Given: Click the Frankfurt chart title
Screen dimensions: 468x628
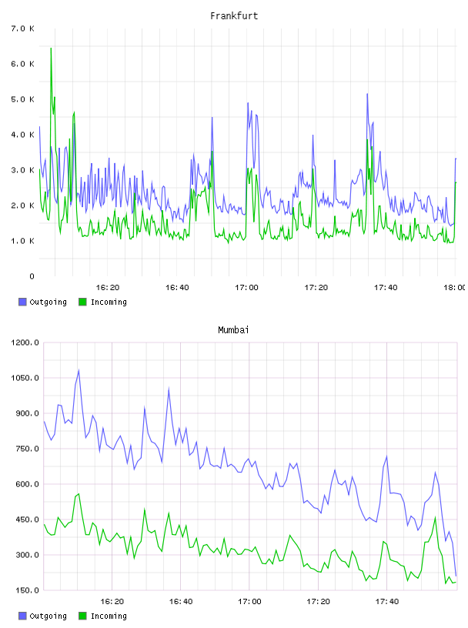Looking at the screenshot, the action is tap(234, 16).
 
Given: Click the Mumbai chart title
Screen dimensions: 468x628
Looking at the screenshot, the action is tap(233, 330).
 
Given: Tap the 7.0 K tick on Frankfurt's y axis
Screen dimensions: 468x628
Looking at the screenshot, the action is tap(22, 28).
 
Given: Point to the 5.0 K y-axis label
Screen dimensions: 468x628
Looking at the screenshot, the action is tap(22, 99).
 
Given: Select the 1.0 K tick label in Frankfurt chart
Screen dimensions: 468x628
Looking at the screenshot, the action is tap(22, 241).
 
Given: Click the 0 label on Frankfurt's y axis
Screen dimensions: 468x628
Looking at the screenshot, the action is tap(32, 276).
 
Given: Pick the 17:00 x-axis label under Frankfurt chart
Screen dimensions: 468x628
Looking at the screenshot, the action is tap(246, 287).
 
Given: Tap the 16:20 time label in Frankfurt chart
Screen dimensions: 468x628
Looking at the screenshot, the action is tap(108, 287).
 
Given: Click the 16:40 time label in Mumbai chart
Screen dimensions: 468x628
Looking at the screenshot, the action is tap(181, 601).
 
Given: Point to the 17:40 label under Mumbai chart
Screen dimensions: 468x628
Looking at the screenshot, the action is tap(387, 601).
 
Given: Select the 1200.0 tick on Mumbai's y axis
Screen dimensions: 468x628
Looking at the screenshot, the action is tap(25, 342).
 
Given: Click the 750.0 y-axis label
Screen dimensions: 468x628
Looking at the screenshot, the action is tap(25, 449).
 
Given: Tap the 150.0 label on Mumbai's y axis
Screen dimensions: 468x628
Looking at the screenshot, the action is tap(25, 590).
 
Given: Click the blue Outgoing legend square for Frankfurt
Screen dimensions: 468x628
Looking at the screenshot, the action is tap(22, 302).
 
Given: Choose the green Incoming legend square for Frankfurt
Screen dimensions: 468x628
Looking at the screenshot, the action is tap(82, 302).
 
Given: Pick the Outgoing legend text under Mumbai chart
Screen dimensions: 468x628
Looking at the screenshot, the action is tap(48, 616).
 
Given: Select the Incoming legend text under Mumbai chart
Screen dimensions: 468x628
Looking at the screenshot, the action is tap(109, 616).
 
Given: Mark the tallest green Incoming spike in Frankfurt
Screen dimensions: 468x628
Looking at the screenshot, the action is tap(51, 48).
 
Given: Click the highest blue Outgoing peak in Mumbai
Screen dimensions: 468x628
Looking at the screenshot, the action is tap(79, 370).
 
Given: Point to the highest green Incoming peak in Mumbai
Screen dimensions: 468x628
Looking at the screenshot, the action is tap(79, 494).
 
